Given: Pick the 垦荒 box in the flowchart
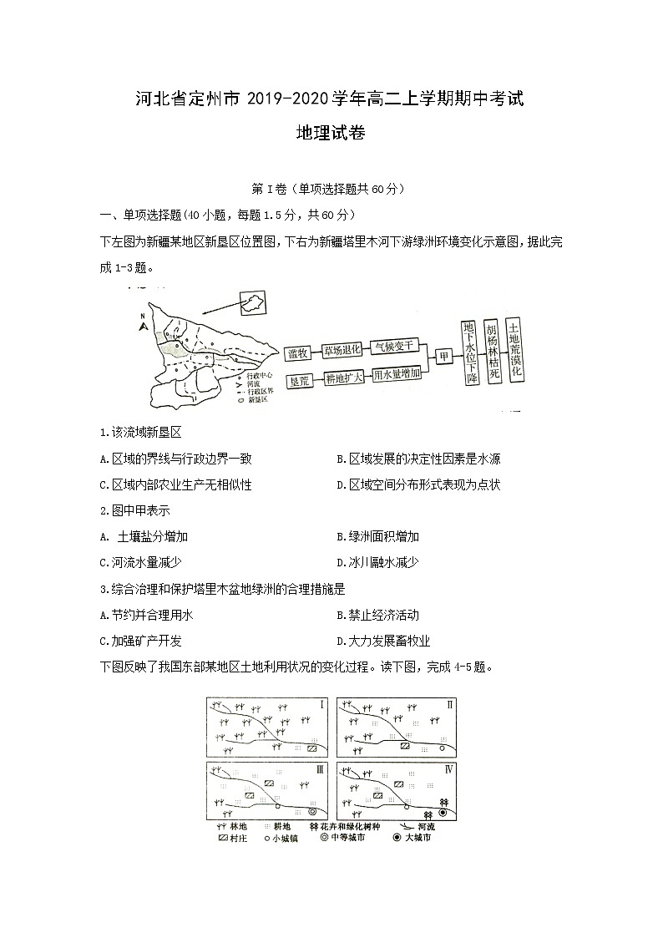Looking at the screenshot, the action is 298,380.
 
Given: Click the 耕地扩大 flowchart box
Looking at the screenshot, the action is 343,378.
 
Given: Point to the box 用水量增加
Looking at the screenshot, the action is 395,375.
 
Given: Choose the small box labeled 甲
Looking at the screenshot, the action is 444,357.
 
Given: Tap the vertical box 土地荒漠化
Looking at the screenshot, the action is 515,350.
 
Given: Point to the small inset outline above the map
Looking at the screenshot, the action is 251,303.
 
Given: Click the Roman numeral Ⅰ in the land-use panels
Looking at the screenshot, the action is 322,706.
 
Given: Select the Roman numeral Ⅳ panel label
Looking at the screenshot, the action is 449,768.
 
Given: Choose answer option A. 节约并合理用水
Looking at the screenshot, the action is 146,615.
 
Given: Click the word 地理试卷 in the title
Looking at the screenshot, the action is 331,132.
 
